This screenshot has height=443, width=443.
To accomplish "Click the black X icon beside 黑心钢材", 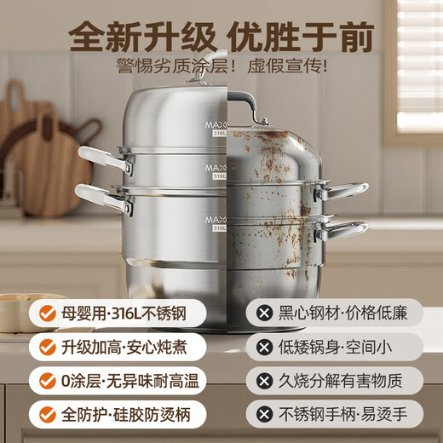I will click(x=265, y=314).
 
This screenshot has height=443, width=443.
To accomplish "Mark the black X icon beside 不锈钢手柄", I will click(x=265, y=415).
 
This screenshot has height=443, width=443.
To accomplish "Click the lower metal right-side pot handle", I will click(x=344, y=230).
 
